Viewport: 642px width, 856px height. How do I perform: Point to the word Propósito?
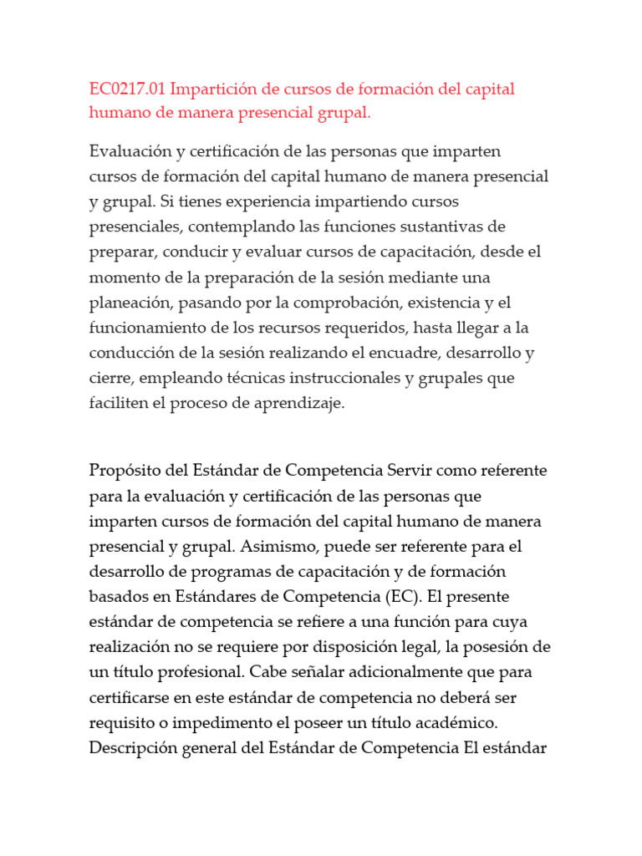tap(126, 471)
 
